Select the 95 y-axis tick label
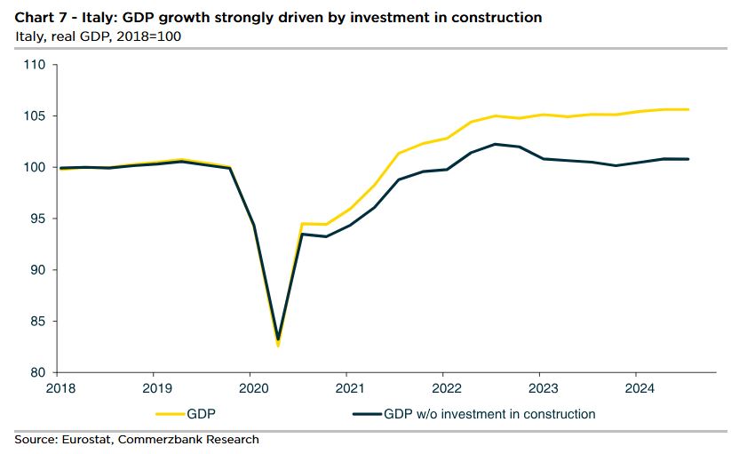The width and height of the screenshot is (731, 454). pyautogui.click(x=36, y=219)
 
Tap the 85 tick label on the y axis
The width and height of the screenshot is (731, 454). pyautogui.click(x=36, y=322)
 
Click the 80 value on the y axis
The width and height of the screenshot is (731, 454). pyautogui.click(x=36, y=372)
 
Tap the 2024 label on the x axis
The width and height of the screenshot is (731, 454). pyautogui.click(x=640, y=388)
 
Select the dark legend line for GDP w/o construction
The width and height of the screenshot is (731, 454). pyautogui.click(x=366, y=414)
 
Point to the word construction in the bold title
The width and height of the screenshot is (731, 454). pyautogui.click(x=498, y=18)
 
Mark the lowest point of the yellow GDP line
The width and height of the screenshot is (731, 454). pyautogui.click(x=278, y=346)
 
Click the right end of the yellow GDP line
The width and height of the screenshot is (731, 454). pyautogui.click(x=689, y=109)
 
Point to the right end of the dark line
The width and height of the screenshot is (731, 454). pyautogui.click(x=689, y=159)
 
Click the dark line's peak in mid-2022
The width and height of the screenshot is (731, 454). pyautogui.click(x=495, y=144)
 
